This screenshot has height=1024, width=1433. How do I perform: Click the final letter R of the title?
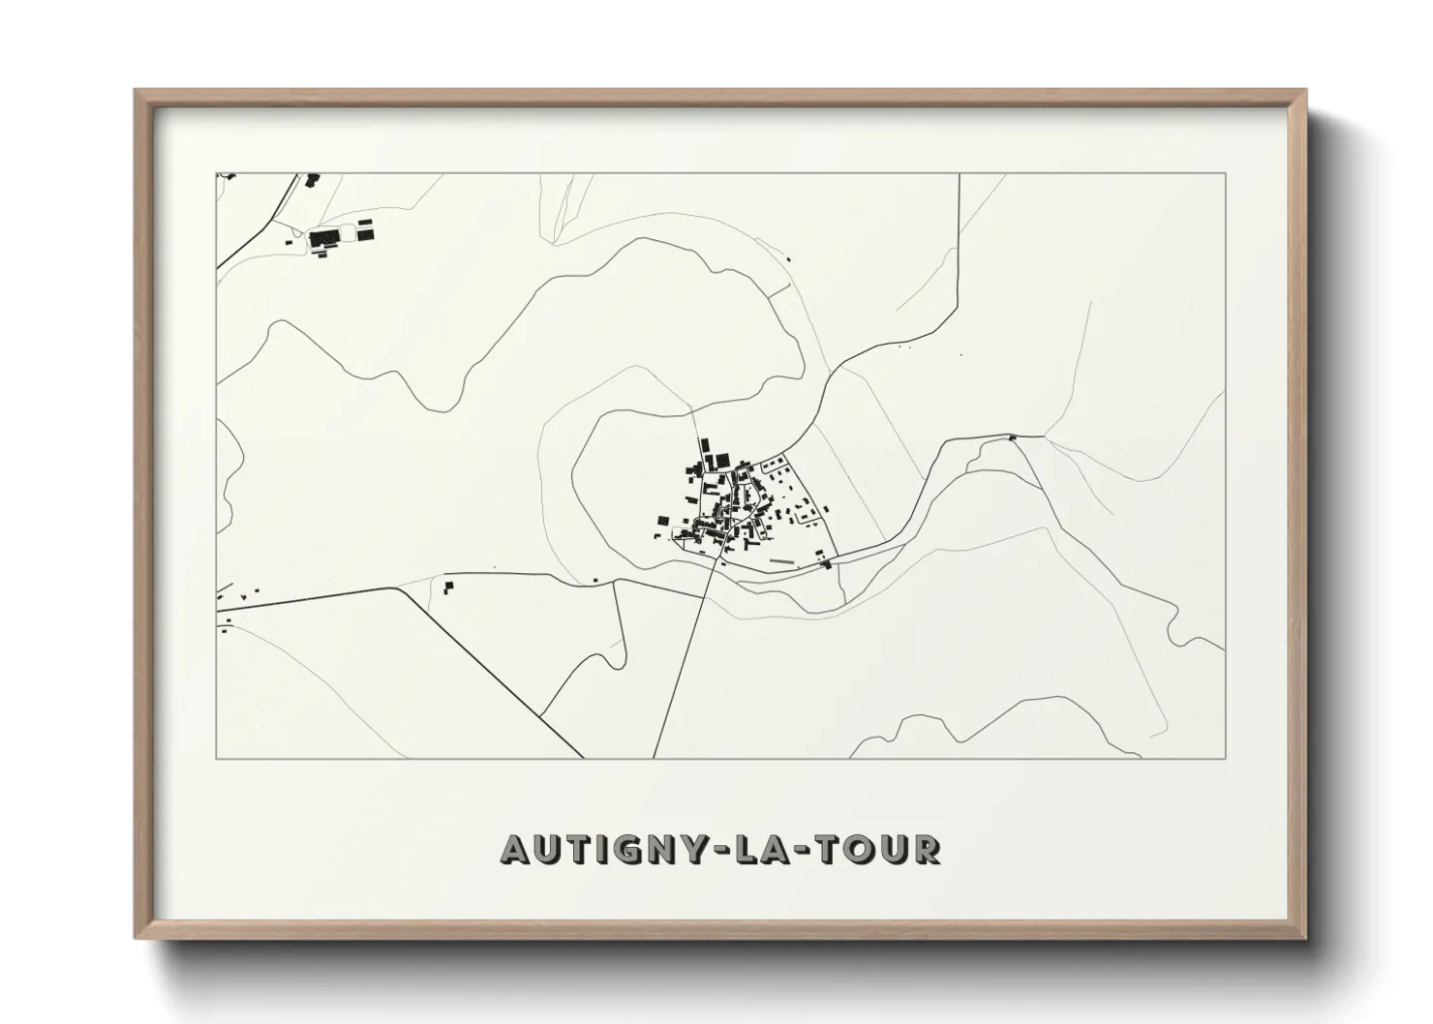(927, 849)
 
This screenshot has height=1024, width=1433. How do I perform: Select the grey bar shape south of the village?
(780, 559)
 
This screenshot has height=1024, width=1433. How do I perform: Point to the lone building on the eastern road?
(1013, 437)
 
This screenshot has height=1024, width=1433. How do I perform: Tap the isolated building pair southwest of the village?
(448, 586)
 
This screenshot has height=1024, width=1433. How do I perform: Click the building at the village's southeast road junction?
(827, 563)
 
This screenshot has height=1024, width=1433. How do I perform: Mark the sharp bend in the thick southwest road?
(398, 588)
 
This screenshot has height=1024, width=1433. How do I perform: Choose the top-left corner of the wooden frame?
(136, 91)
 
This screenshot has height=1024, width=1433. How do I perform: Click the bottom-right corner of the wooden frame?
(1306, 939)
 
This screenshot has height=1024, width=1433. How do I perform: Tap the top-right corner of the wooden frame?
(1306, 91)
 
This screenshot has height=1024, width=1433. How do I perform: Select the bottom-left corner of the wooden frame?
(136, 939)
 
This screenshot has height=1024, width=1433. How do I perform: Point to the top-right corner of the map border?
(1226, 173)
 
